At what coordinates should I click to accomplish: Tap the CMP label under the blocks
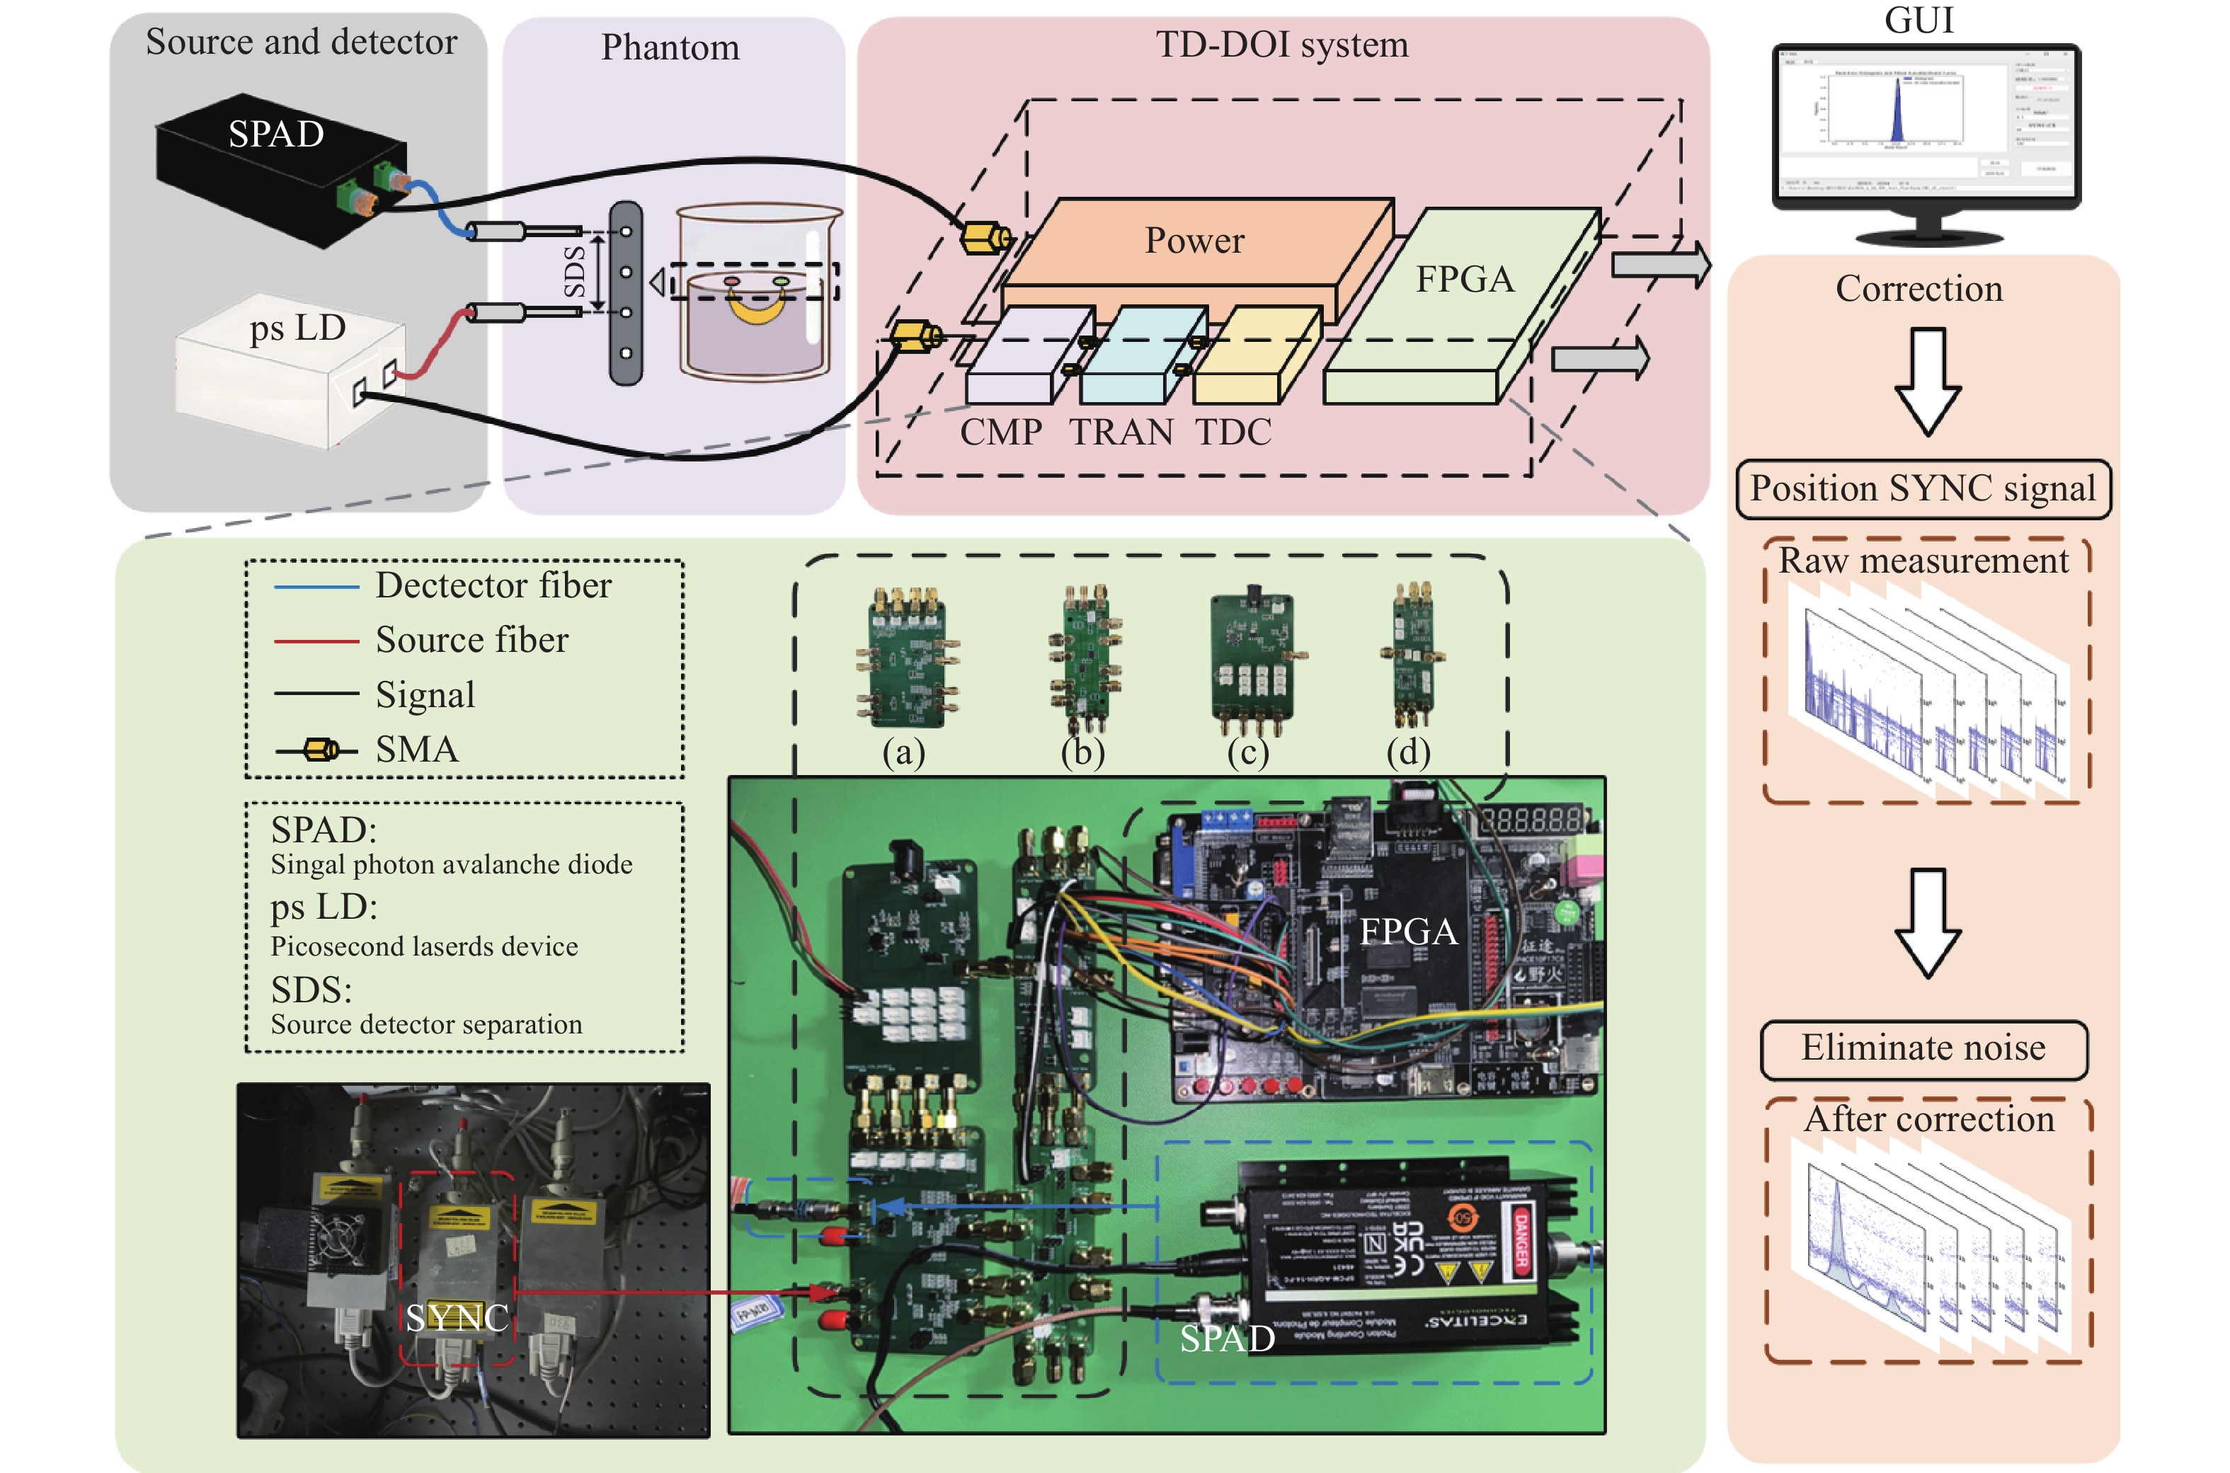point(1000,432)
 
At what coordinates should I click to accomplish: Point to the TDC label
point(1233,432)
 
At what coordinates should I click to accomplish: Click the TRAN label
point(1121,432)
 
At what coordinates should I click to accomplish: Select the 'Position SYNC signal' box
point(1923,489)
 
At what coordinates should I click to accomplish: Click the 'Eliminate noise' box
point(1923,1049)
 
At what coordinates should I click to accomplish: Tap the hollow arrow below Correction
point(1926,381)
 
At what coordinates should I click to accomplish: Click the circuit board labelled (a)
point(906,658)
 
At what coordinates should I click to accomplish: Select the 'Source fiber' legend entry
point(471,641)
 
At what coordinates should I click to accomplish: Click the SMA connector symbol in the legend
point(319,750)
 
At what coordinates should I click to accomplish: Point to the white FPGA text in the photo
point(1408,932)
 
